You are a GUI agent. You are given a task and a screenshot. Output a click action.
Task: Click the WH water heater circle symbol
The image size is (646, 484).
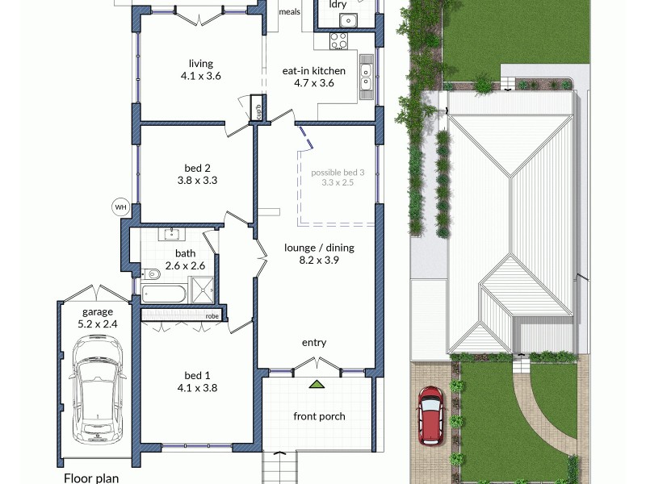(121, 207)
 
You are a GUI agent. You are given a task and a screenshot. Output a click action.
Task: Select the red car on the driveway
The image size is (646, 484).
(430, 415)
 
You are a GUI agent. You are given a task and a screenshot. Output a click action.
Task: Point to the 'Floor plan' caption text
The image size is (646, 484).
(91, 478)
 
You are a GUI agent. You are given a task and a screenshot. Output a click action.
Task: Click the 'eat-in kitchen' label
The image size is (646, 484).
(314, 71)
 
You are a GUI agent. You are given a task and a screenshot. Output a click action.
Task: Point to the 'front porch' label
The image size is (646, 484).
(319, 416)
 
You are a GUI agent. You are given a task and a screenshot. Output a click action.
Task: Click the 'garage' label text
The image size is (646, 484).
(97, 312)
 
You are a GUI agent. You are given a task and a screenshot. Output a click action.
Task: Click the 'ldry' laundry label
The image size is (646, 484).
(338, 5)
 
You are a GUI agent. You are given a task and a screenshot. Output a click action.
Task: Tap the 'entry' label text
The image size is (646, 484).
(314, 343)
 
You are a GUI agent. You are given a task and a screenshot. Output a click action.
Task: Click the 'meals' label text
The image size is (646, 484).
(289, 12)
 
